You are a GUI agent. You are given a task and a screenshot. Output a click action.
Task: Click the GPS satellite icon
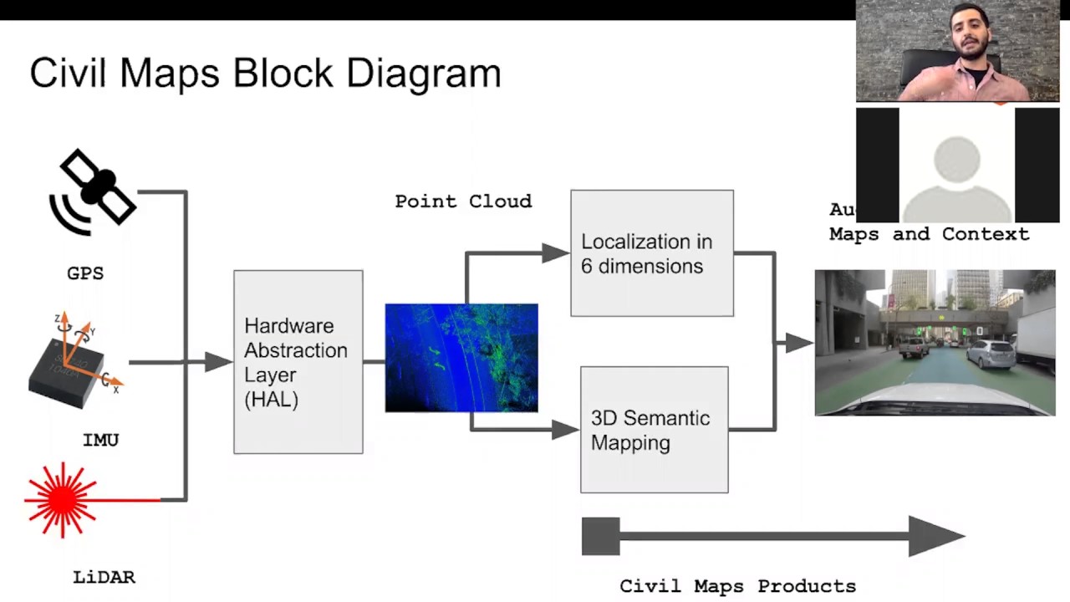93,191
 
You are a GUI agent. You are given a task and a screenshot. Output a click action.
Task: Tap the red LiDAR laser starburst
62,499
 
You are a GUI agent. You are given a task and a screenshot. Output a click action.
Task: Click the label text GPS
85,273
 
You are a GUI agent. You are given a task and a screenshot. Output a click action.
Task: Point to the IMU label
100,440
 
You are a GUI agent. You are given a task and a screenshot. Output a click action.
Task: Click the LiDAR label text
104,577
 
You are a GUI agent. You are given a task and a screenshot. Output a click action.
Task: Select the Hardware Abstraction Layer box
298,362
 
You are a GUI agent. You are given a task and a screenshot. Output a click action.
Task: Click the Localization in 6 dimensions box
652,253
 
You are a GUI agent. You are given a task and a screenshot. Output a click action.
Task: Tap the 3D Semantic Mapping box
654,430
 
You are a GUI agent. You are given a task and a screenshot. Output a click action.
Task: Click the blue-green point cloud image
461,358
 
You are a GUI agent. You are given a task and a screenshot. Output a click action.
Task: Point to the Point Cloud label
463,202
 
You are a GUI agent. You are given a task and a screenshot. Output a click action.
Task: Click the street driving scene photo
935,343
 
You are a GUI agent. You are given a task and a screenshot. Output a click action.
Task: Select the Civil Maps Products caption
737,586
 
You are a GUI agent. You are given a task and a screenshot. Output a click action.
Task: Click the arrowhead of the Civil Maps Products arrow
936,536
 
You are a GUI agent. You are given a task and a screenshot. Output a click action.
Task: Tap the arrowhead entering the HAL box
218,361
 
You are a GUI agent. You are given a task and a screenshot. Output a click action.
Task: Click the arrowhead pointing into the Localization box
555,253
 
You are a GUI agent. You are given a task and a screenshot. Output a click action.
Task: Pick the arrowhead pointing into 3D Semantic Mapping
565,430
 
